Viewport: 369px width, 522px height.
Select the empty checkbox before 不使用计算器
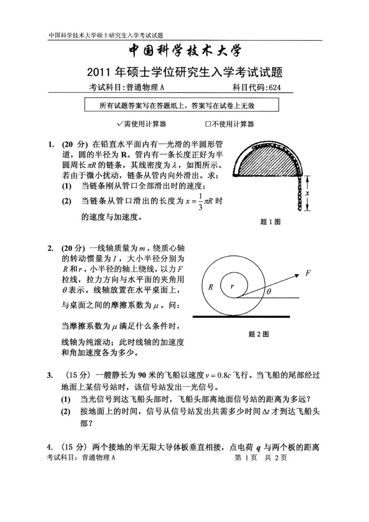click(208, 124)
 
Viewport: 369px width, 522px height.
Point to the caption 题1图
click(270, 222)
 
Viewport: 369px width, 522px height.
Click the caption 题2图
click(259, 334)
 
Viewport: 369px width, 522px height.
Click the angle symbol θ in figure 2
click(269, 292)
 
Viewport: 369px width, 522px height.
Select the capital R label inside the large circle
click(211, 287)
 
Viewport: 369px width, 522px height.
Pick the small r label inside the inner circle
click(232, 286)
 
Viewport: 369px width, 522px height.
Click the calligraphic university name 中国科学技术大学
click(185, 51)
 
